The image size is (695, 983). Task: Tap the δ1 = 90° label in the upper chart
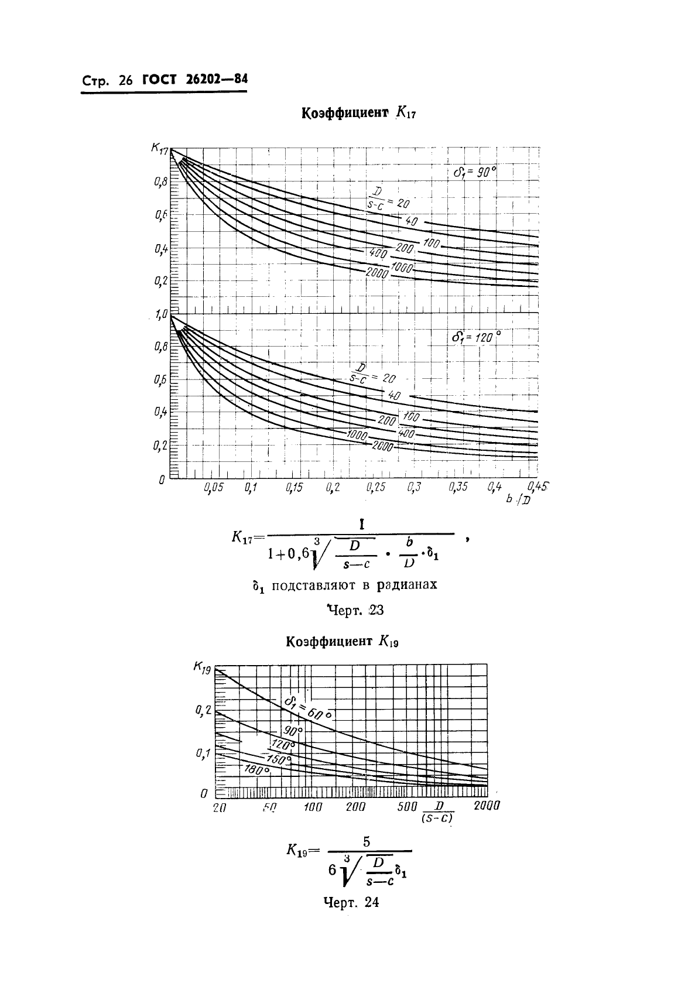(474, 172)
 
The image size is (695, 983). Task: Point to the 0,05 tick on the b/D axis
(214, 487)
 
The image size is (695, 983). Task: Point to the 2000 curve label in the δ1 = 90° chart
(377, 272)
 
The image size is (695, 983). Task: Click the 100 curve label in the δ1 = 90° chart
(431, 243)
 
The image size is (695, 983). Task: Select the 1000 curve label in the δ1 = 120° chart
(356, 434)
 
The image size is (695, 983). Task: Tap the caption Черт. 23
(355, 611)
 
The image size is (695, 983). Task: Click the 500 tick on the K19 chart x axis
(407, 806)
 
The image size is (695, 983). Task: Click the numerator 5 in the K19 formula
(367, 842)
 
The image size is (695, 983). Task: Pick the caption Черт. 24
(351, 902)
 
